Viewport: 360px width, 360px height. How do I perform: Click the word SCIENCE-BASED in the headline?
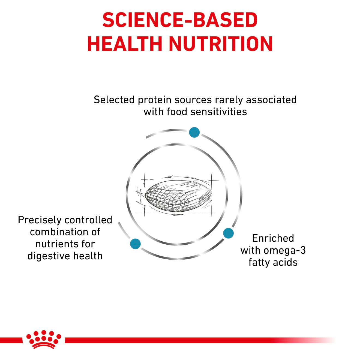pos(180,20)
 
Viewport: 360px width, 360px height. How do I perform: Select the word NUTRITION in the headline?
pos(221,44)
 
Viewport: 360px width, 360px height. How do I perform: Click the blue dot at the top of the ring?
pos(194,132)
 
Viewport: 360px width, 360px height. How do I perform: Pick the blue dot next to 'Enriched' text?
pos(228,233)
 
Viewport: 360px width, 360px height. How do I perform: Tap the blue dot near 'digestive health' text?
pos(136,243)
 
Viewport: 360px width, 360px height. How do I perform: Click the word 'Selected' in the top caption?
pos(114,100)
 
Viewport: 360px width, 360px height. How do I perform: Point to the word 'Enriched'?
pos(273,238)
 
